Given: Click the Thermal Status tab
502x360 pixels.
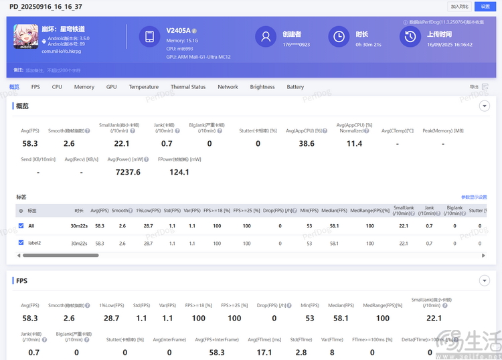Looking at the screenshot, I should tap(188, 87).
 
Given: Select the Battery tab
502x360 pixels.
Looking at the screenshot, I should tap(295, 87).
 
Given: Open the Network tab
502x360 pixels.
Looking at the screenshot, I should tap(228, 87).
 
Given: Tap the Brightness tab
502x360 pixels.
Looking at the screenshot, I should tap(262, 87).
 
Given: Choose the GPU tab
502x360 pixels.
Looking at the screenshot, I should tap(111, 87).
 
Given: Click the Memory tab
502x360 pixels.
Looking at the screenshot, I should tap(84, 87).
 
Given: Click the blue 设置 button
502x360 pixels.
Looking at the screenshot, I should tap(485, 6).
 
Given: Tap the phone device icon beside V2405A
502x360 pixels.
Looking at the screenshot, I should tap(149, 36).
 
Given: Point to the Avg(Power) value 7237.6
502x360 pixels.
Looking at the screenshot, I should tap(128, 172).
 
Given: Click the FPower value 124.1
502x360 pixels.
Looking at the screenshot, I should tap(179, 172).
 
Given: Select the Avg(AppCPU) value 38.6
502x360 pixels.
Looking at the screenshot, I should tap(307, 143).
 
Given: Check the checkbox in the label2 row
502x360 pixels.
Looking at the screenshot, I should tap(21, 242).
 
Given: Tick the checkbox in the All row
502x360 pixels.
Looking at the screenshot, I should tap(21, 226).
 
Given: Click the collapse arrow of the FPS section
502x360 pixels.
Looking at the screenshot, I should tap(485, 280).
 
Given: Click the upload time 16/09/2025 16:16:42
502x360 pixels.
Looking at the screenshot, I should tap(450, 45).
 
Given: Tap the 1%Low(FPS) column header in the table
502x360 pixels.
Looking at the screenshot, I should tap(148, 210).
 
